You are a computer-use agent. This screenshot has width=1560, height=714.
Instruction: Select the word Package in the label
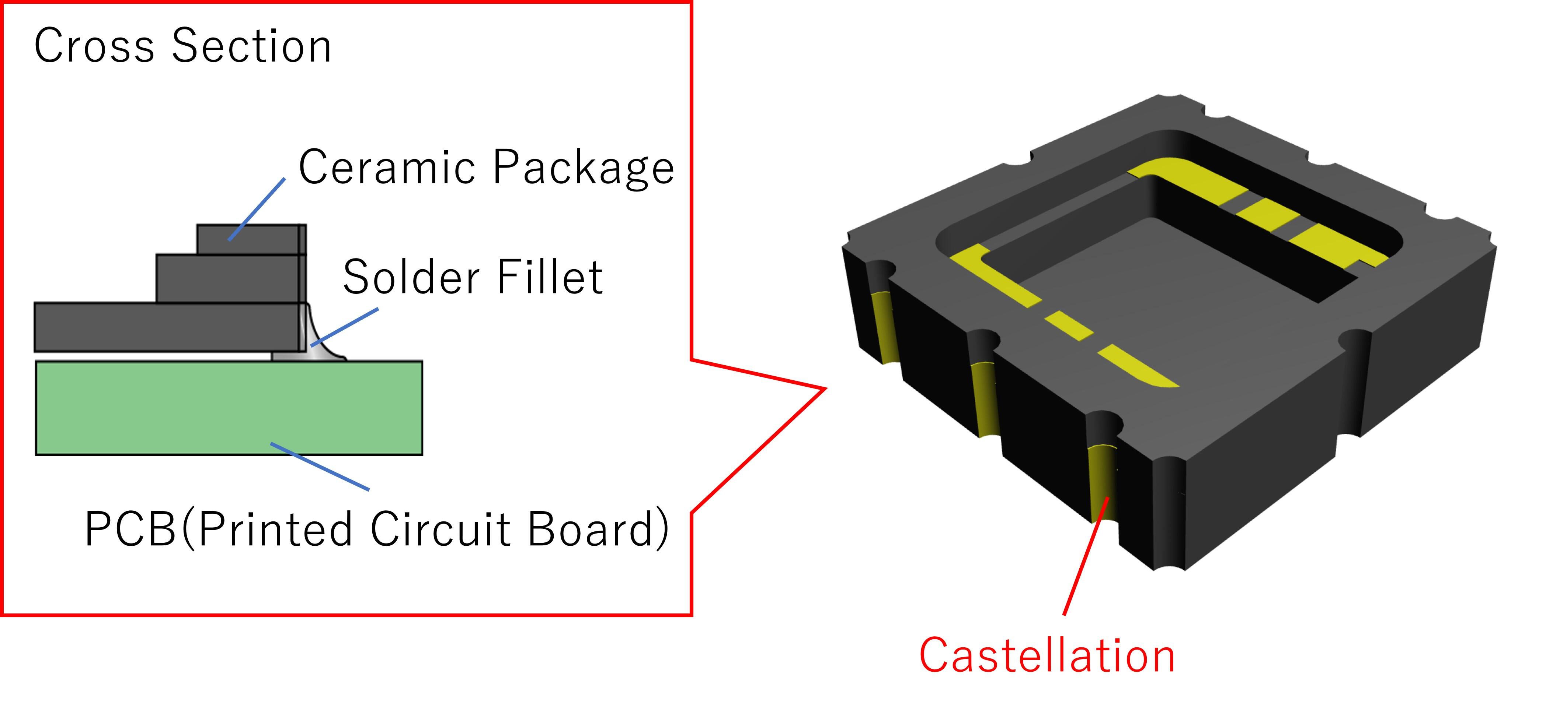point(583,168)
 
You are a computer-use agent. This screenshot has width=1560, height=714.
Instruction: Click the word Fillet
point(550,277)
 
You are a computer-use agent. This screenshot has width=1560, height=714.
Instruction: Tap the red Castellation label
point(1047,656)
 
